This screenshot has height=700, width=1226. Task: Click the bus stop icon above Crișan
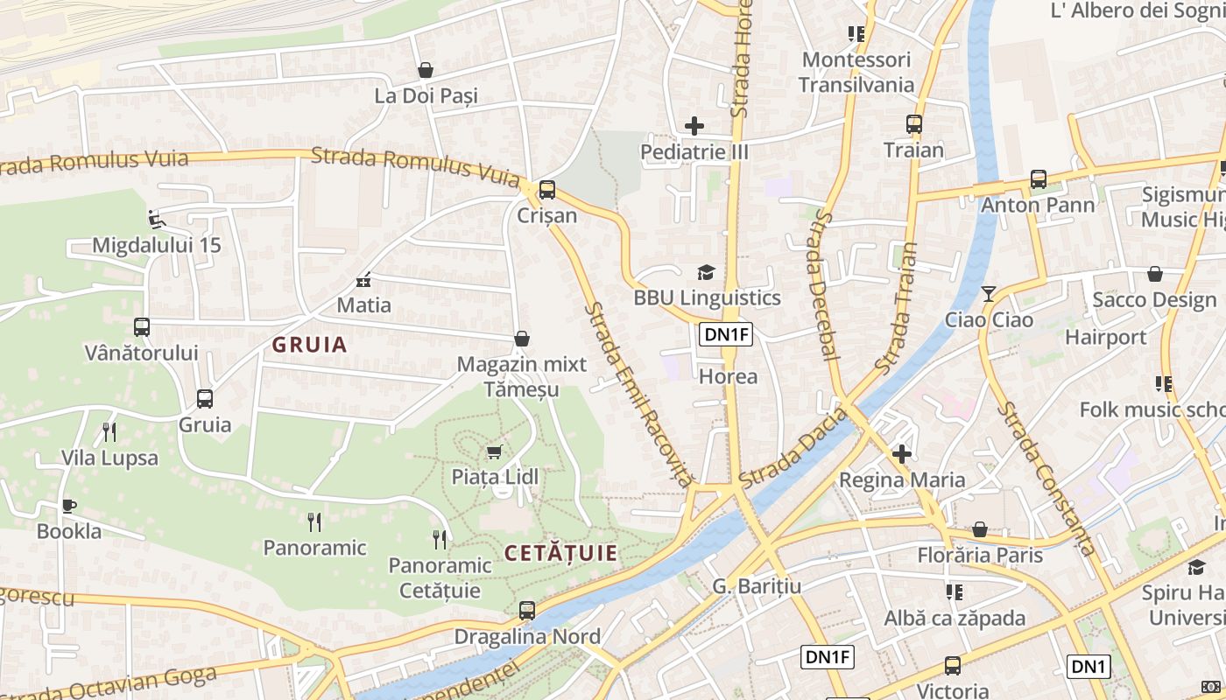pyautogui.click(x=547, y=189)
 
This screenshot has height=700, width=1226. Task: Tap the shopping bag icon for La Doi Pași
pyautogui.click(x=426, y=70)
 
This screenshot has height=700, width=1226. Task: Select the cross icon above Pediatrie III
pyautogui.click(x=694, y=126)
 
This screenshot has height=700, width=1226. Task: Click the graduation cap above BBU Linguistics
pyautogui.click(x=706, y=272)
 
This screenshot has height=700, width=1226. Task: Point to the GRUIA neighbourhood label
pyautogui.click(x=309, y=345)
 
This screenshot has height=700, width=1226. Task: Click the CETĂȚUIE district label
pyautogui.click(x=561, y=553)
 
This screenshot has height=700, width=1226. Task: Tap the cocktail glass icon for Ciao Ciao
pyautogui.click(x=989, y=294)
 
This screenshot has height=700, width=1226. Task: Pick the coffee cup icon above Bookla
pyautogui.click(x=68, y=506)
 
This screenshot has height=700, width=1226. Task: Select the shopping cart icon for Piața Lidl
pyautogui.click(x=494, y=451)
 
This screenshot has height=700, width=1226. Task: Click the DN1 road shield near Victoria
pyautogui.click(x=1089, y=667)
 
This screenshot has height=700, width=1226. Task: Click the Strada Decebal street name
pyautogui.click(x=823, y=285)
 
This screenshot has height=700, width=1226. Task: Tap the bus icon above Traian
pyautogui.click(x=914, y=124)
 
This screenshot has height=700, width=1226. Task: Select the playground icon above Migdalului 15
pyautogui.click(x=157, y=219)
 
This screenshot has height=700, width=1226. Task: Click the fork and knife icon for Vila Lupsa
pyautogui.click(x=109, y=431)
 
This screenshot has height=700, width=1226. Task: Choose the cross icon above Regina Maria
pyautogui.click(x=902, y=454)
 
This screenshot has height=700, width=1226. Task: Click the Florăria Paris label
pyautogui.click(x=980, y=555)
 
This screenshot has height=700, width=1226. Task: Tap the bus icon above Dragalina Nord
pyautogui.click(x=527, y=611)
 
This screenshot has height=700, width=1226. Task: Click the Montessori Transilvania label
pyautogui.click(x=856, y=73)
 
